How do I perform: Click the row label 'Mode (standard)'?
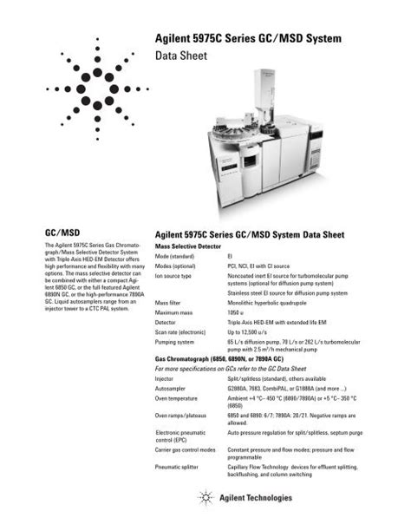point(175,258)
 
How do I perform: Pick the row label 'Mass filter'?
point(169,303)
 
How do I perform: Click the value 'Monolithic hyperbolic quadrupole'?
point(269,303)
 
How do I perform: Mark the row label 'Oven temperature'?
point(178,398)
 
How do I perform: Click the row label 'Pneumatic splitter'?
point(178,467)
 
